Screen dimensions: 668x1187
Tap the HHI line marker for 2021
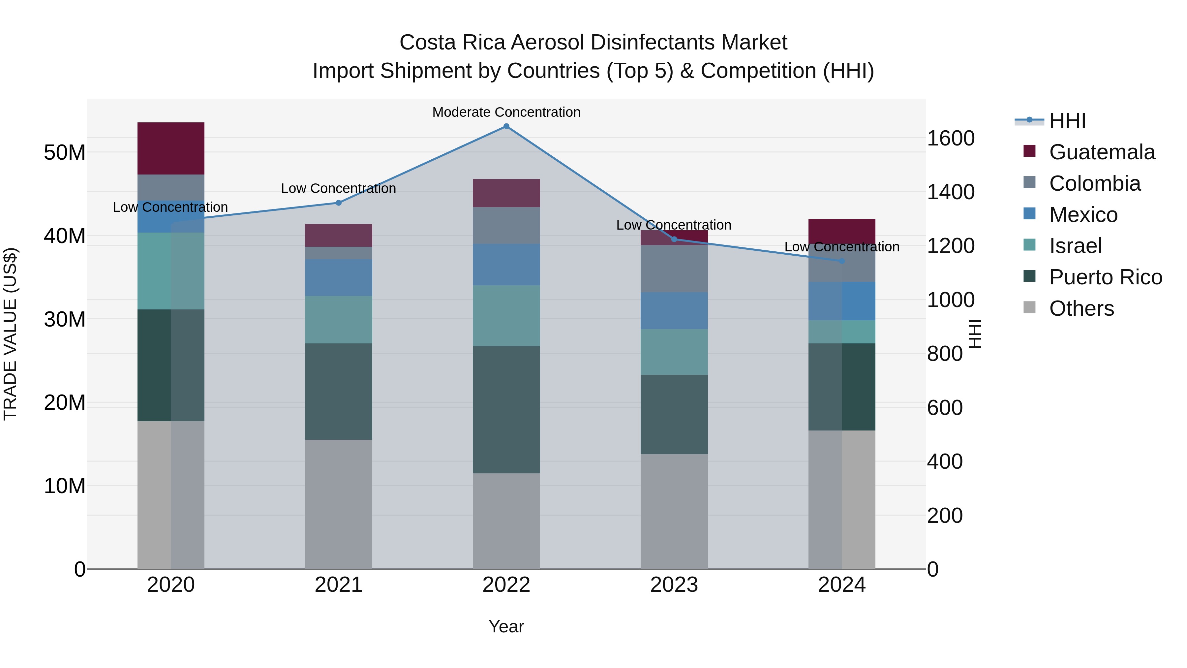[339, 203]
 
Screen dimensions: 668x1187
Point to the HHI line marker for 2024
[842, 261]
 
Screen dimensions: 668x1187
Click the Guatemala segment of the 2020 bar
[171, 148]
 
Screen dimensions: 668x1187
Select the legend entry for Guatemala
[1101, 152]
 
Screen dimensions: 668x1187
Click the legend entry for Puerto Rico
[1105, 277]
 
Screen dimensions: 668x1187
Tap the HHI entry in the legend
[1067, 121]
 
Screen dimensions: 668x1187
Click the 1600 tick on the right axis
[950, 138]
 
